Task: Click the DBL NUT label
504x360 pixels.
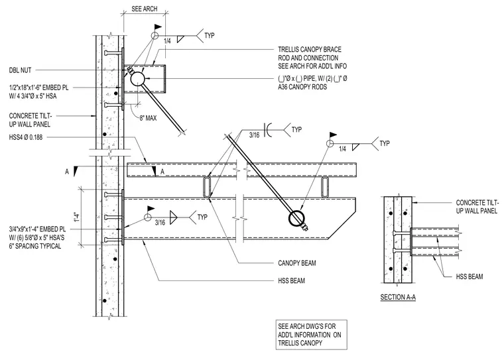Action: pyautogui.click(x=20, y=70)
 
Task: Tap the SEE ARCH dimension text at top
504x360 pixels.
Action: pyautogui.click(x=145, y=9)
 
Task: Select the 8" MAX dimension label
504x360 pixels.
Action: pyautogui.click(x=148, y=118)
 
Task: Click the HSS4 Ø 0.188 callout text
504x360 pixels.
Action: pyautogui.click(x=26, y=138)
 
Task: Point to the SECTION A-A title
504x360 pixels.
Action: pyautogui.click(x=398, y=297)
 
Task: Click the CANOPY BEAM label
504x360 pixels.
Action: pyautogui.click(x=297, y=263)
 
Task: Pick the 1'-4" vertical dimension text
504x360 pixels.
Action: pyautogui.click(x=76, y=217)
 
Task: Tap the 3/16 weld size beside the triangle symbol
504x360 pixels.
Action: pyautogui.click(x=160, y=222)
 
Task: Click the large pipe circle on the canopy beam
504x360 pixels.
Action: pyautogui.click(x=296, y=219)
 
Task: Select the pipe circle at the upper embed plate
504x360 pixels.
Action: pyautogui.click(x=137, y=78)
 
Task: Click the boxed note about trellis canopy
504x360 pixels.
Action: pyautogui.click(x=311, y=335)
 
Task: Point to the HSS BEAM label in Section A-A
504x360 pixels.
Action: pyautogui.click(x=470, y=276)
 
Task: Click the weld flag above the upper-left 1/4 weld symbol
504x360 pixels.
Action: pyautogui.click(x=158, y=27)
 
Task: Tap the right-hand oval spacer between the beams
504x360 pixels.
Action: pyautogui.click(x=326, y=187)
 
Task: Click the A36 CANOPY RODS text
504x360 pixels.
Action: pyautogui.click(x=302, y=87)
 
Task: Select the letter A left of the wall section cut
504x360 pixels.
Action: pyautogui.click(x=67, y=172)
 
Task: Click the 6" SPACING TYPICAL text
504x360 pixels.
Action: pyautogui.click(x=35, y=246)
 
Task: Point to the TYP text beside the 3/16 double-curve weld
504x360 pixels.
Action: pyautogui.click(x=296, y=129)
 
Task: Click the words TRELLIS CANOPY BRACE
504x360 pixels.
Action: pyautogui.click(x=310, y=50)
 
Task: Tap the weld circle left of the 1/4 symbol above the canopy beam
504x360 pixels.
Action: pyautogui.click(x=330, y=143)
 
